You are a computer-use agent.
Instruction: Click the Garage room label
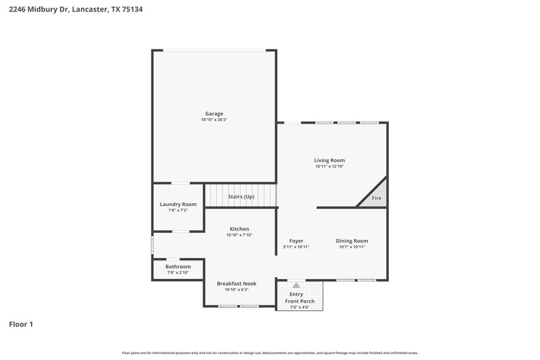click(214, 113)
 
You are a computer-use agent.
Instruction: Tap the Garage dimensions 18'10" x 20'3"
click(214, 120)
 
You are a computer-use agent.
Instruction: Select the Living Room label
click(329, 160)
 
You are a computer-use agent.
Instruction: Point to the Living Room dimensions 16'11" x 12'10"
click(329, 167)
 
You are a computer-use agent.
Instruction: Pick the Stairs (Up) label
click(241, 197)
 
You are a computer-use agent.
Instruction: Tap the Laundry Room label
click(178, 204)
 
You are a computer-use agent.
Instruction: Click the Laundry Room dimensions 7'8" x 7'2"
click(178, 211)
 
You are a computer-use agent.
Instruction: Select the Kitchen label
click(239, 229)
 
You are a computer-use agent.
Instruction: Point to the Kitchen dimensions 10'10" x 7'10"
click(239, 236)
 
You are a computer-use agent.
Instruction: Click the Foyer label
click(296, 240)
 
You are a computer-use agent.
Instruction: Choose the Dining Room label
click(352, 240)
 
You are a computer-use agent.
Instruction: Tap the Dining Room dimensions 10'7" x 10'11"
click(352, 247)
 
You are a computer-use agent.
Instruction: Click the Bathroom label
click(178, 266)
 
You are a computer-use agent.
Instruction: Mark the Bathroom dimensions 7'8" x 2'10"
click(178, 273)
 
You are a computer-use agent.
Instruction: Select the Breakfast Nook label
click(236, 283)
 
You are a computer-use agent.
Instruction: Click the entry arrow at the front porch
click(296, 286)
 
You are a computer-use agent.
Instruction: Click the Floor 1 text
click(21, 324)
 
